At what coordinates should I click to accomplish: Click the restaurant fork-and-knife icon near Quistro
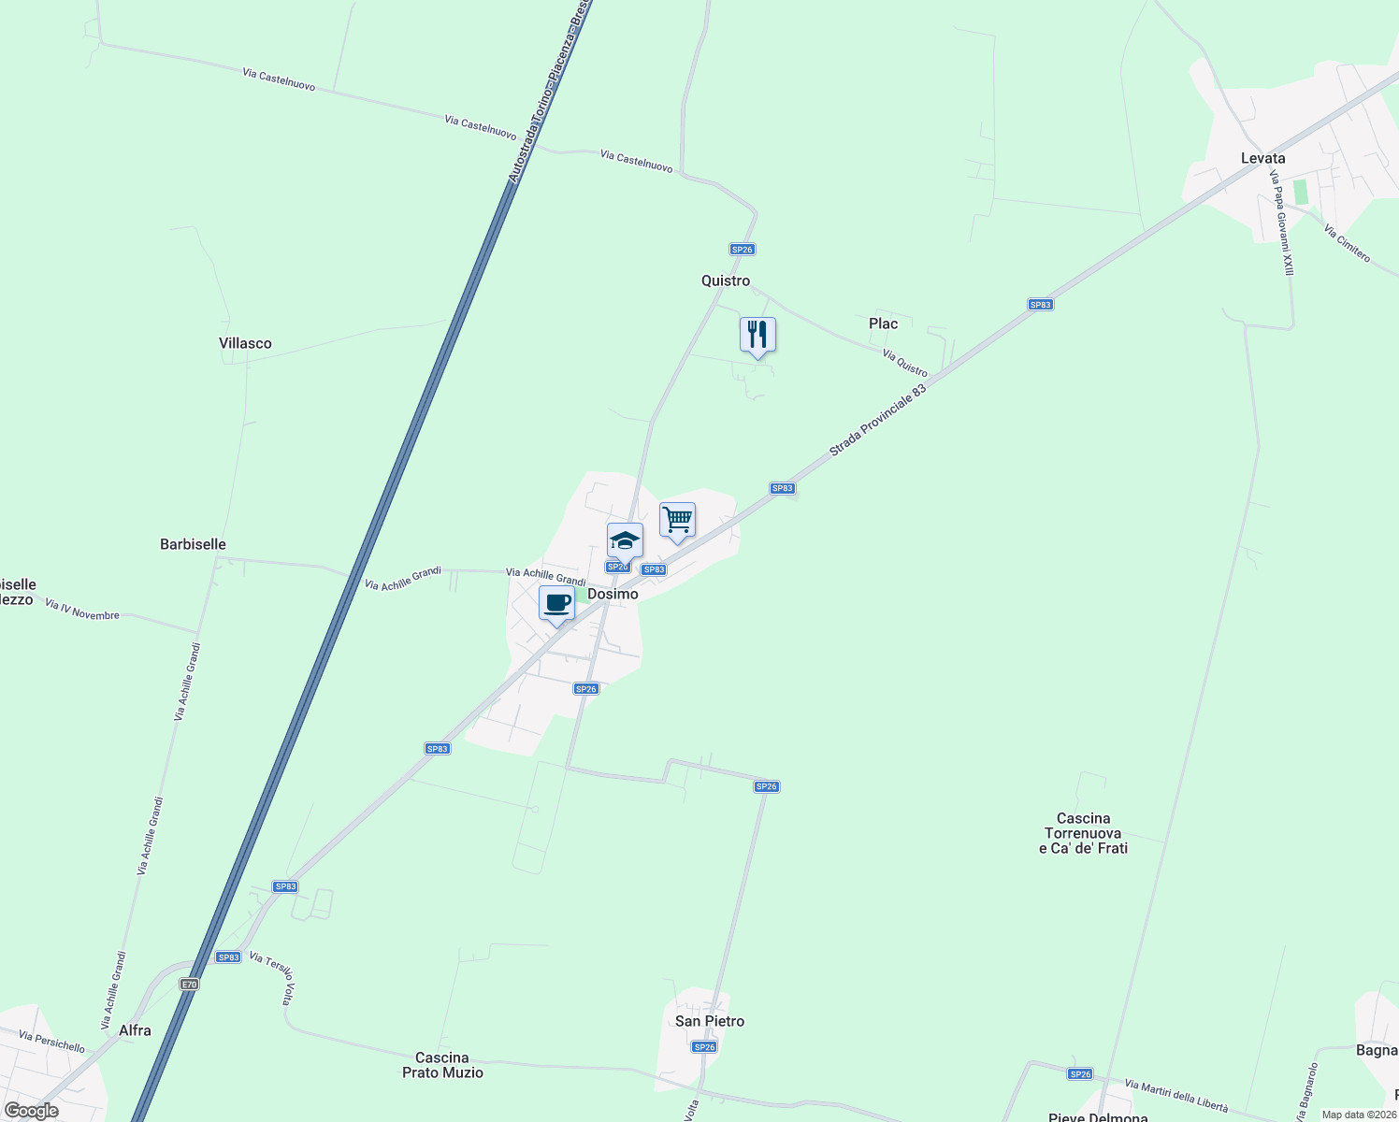757,335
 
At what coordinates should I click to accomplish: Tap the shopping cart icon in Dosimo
677,520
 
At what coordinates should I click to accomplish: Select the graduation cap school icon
625,540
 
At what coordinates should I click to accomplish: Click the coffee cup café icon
557,603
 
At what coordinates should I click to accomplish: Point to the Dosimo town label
613,594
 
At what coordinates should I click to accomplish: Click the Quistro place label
726,280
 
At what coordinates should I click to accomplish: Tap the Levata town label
1262,158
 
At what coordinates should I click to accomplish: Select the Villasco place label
245,343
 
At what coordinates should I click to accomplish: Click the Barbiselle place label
193,544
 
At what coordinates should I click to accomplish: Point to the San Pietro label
710,1021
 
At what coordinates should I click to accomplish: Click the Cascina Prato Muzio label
442,1065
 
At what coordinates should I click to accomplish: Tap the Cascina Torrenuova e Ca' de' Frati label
1083,833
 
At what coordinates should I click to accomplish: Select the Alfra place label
135,1030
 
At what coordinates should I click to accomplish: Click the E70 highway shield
190,984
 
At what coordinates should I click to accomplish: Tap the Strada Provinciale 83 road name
877,421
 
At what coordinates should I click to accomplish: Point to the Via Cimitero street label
1347,243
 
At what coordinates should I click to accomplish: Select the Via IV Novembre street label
82,610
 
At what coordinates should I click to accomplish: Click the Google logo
31,1111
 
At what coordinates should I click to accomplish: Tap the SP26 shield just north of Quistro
742,250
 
